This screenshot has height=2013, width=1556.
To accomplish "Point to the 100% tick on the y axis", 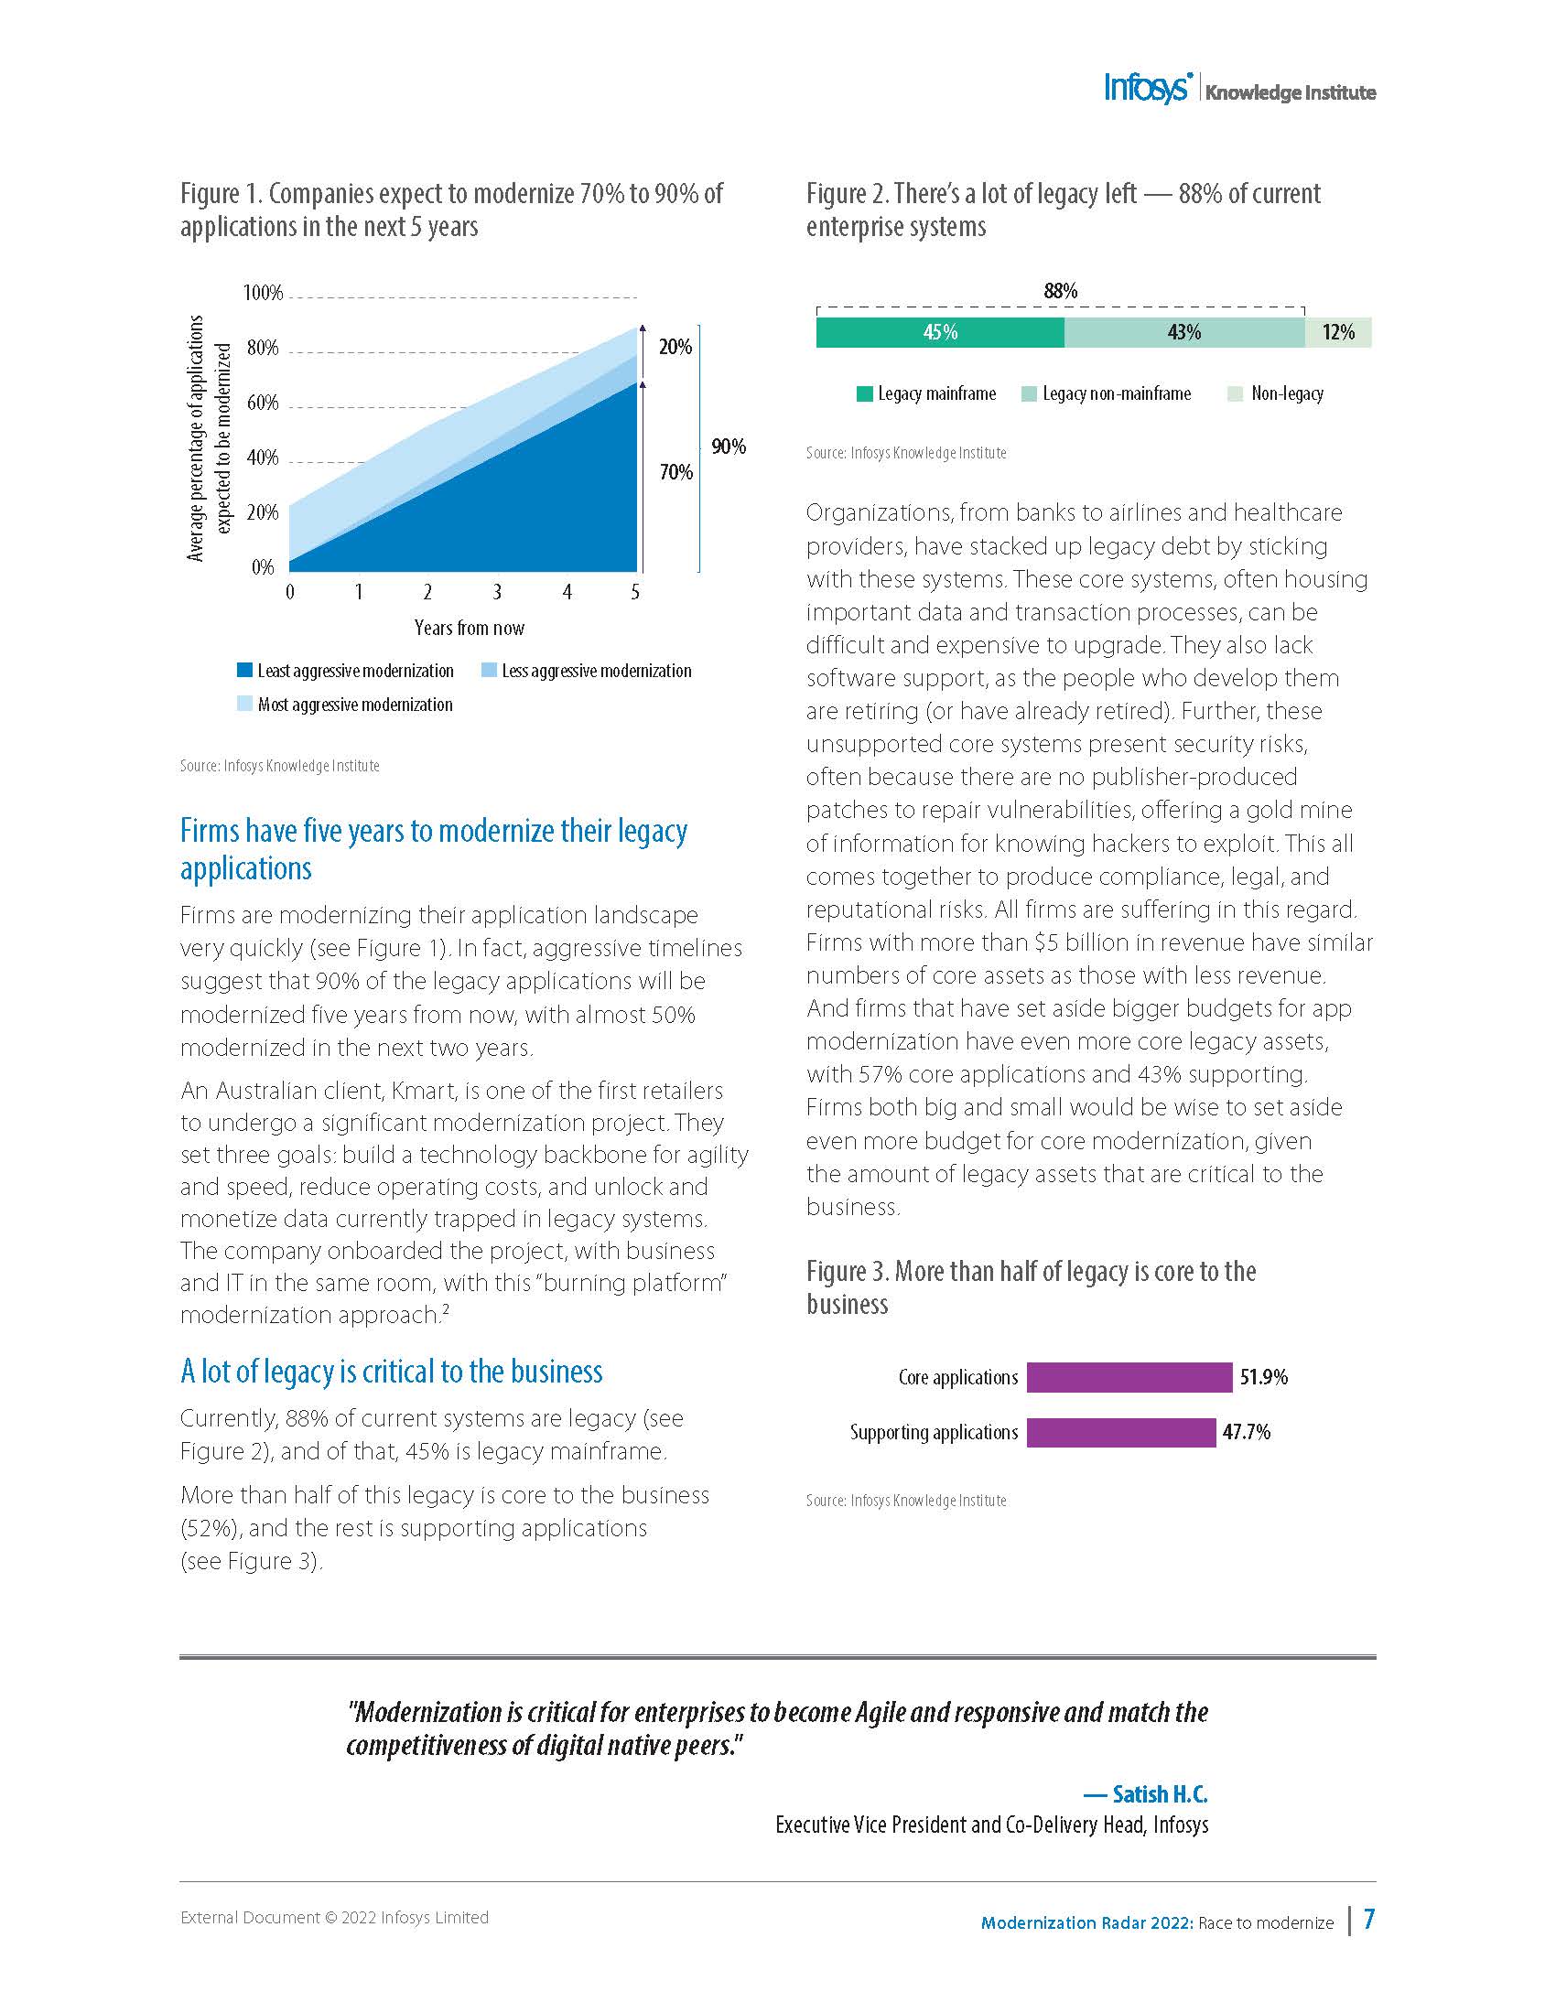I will [x=263, y=293].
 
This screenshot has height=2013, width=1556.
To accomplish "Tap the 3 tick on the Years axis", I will [x=497, y=592].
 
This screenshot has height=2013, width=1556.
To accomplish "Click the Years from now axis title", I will [x=470, y=628].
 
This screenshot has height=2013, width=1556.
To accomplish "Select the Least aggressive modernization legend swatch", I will [x=244, y=670].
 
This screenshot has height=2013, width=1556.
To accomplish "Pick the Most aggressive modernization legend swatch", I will [x=244, y=705].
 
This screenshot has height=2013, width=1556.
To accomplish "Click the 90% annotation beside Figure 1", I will [x=729, y=447].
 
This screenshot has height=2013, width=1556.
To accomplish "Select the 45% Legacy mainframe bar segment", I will [x=940, y=332].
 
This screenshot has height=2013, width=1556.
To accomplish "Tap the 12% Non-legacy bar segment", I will [x=1337, y=332].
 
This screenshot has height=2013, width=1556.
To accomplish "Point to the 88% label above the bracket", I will [x=1060, y=291].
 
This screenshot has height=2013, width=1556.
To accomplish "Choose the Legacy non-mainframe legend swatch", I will [x=1030, y=394].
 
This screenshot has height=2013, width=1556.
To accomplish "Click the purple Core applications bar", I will [x=1129, y=1377].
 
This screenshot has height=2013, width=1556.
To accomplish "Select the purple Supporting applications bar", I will [x=1121, y=1432].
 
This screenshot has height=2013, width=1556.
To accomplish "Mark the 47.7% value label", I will [x=1247, y=1432].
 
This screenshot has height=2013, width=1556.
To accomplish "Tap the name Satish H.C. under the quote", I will [x=1160, y=1793].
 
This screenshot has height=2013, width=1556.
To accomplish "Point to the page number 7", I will [x=1369, y=1918].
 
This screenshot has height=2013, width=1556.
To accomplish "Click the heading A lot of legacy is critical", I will [x=391, y=1372].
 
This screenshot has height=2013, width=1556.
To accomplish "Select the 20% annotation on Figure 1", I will [x=675, y=348].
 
